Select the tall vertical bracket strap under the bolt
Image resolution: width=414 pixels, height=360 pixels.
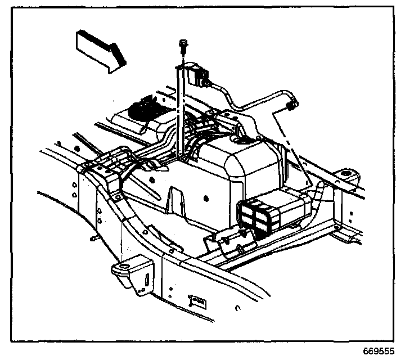coord(180,112)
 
